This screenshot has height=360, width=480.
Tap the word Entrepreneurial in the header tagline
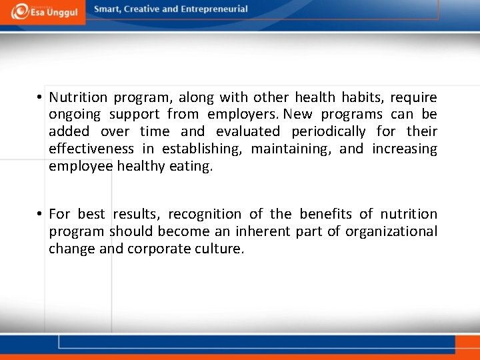pos(214,9)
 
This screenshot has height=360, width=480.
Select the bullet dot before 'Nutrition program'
pos(41,98)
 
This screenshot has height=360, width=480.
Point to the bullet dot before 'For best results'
pos(41,214)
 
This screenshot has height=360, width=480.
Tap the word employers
pos(237,115)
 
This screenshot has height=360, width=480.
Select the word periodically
pos(328,131)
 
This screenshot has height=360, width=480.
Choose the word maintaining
pos(291,149)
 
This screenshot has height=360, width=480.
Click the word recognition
pos(205,214)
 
